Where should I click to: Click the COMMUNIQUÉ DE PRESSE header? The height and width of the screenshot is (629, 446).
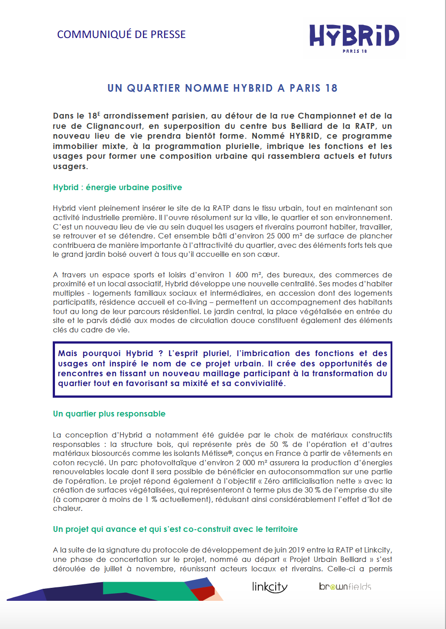coord(121,34)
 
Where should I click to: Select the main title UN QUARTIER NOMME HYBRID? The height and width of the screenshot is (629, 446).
coord(222,88)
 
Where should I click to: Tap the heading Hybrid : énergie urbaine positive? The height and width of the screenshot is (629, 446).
coord(118,187)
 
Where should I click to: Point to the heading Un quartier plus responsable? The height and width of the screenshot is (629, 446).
coord(109,414)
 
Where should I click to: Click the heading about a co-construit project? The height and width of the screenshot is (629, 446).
coord(175,529)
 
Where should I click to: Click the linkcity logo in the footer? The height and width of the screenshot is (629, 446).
coord(269,586)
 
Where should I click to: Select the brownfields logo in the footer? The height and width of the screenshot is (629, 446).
coord(345,586)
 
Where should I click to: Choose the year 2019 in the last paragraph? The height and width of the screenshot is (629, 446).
coord(297,550)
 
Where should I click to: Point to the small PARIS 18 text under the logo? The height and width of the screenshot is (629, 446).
coord(355,51)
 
